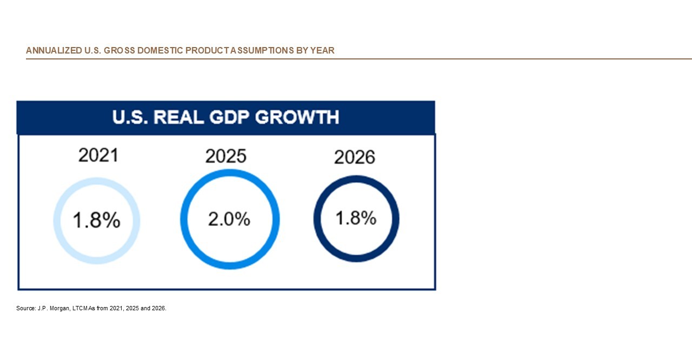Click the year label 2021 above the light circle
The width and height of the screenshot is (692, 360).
98,155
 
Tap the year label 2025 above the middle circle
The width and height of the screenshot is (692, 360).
225,156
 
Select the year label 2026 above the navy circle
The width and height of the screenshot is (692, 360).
354,157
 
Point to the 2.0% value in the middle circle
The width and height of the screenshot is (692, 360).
229,219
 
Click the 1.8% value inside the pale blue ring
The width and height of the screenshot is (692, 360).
97,221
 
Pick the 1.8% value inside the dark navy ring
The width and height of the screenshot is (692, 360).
356,218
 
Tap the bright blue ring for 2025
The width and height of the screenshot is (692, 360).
185,219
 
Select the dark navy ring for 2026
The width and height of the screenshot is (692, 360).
317,218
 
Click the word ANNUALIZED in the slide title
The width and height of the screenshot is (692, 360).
54,51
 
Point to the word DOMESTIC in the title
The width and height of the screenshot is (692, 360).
161,51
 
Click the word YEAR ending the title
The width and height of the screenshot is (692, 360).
323,51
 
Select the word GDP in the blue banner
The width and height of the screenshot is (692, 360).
232,117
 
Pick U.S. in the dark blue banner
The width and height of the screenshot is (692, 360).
130,117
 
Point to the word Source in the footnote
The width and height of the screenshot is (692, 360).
25,308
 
